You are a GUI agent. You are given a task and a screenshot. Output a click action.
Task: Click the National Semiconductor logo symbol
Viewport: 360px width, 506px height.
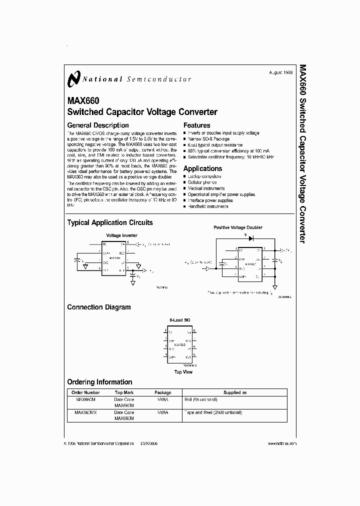(x=74, y=78)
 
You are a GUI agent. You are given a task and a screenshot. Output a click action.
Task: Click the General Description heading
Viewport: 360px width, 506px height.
(x=98, y=125)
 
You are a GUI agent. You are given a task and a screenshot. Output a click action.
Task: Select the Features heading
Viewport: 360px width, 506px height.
(x=197, y=125)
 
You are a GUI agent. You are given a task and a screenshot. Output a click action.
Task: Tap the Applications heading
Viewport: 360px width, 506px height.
(x=202, y=168)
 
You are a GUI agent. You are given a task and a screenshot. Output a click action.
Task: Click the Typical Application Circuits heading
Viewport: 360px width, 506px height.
(x=110, y=222)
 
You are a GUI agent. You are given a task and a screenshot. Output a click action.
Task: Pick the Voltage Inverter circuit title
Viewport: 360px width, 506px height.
(x=121, y=235)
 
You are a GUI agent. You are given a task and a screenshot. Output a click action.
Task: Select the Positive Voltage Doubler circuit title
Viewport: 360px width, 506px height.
(x=238, y=227)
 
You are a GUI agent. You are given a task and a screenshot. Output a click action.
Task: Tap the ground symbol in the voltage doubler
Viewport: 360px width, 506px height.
(x=275, y=287)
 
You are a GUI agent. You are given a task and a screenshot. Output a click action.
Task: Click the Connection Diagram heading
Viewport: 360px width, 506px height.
(x=99, y=307)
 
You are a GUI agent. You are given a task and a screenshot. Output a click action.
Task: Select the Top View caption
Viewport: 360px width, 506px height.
(x=183, y=372)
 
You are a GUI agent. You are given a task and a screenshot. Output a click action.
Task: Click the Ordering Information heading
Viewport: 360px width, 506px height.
(x=99, y=382)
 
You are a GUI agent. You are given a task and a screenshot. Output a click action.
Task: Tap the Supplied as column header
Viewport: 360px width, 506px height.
(x=235, y=393)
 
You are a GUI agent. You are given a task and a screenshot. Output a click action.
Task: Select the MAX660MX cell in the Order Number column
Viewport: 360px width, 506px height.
(x=86, y=412)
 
